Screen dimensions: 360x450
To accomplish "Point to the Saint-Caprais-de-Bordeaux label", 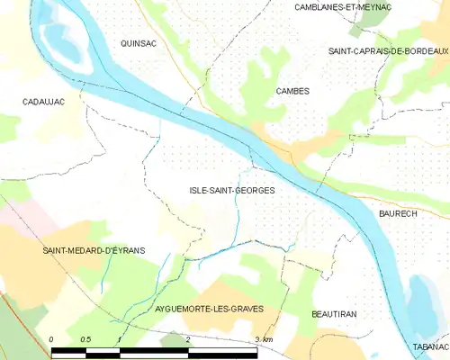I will click(388, 51).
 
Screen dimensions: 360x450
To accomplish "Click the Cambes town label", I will click(292, 91).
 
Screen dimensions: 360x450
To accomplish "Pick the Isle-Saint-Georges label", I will click(231, 191).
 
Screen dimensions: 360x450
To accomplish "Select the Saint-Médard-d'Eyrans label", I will click(94, 250).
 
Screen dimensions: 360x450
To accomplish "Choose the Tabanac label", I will click(430, 346).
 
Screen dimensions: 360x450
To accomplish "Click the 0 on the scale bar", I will click(51, 338).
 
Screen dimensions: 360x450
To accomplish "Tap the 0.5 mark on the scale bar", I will click(84, 338).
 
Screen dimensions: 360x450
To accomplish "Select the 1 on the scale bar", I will click(119, 338).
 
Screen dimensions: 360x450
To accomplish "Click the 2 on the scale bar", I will click(187, 338).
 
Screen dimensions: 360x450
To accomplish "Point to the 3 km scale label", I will click(263, 338).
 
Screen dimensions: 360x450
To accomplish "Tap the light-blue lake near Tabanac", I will click(422, 301).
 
